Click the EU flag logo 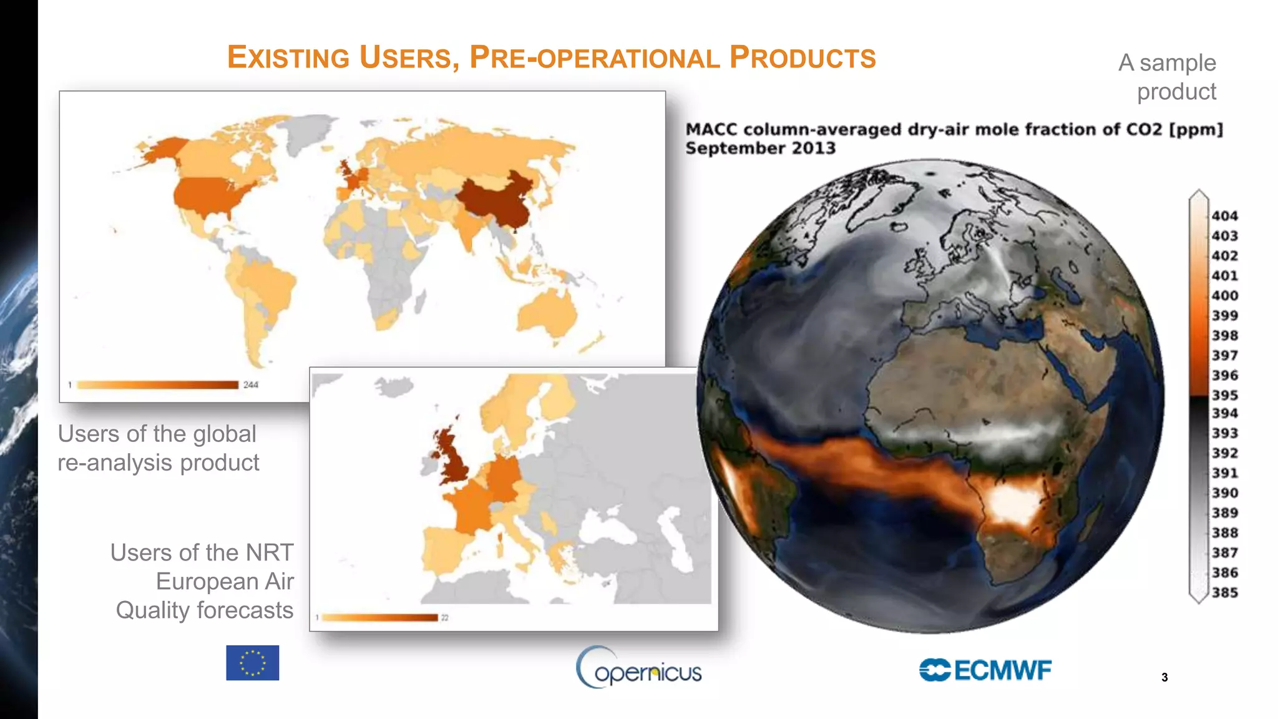pos(252,662)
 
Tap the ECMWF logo pos(985,670)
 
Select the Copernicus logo pos(638,668)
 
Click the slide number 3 pos(1164,677)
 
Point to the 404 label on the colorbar pos(1224,216)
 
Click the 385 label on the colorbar pos(1224,592)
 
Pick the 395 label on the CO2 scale pos(1224,395)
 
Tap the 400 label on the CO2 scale pos(1224,296)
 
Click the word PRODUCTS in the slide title pos(803,58)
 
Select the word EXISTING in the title pos(288,58)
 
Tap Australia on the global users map pos(547,312)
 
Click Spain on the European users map pos(446,549)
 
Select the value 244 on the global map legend pos(251,384)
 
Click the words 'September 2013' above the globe pos(760,149)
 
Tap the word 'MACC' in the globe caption pos(711,130)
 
